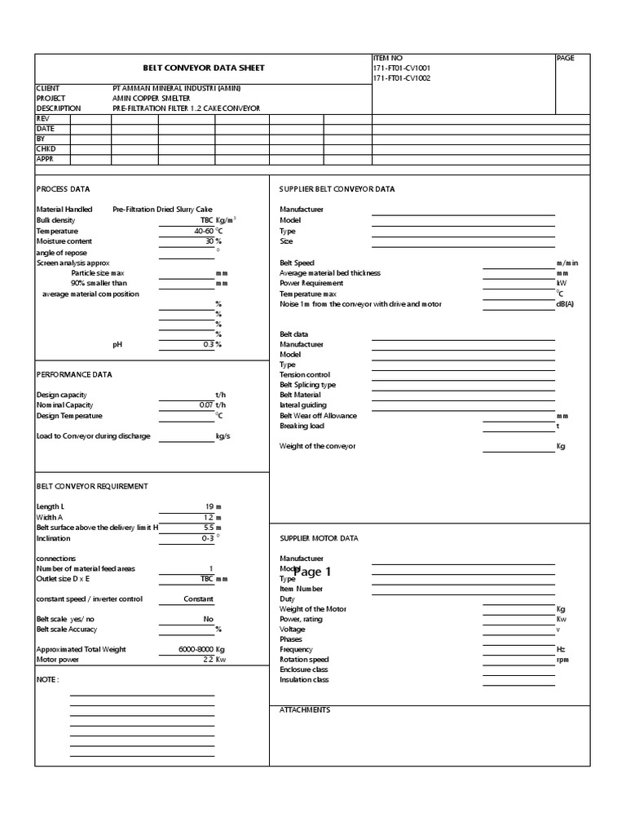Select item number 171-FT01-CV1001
click(401, 68)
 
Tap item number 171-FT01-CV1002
click(401, 78)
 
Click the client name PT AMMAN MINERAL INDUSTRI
click(176, 88)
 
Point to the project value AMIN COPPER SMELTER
click(151, 98)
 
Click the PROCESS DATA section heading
click(64, 188)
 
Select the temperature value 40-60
click(200, 231)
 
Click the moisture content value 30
click(209, 241)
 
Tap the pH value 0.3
click(208, 344)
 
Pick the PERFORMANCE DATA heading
click(74, 374)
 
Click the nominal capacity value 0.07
click(205, 404)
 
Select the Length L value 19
click(209, 506)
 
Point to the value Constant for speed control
click(199, 599)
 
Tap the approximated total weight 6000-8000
click(196, 649)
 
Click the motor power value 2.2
click(208, 660)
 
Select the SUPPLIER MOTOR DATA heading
click(319, 538)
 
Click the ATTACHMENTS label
click(305, 710)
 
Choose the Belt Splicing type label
click(307, 385)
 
